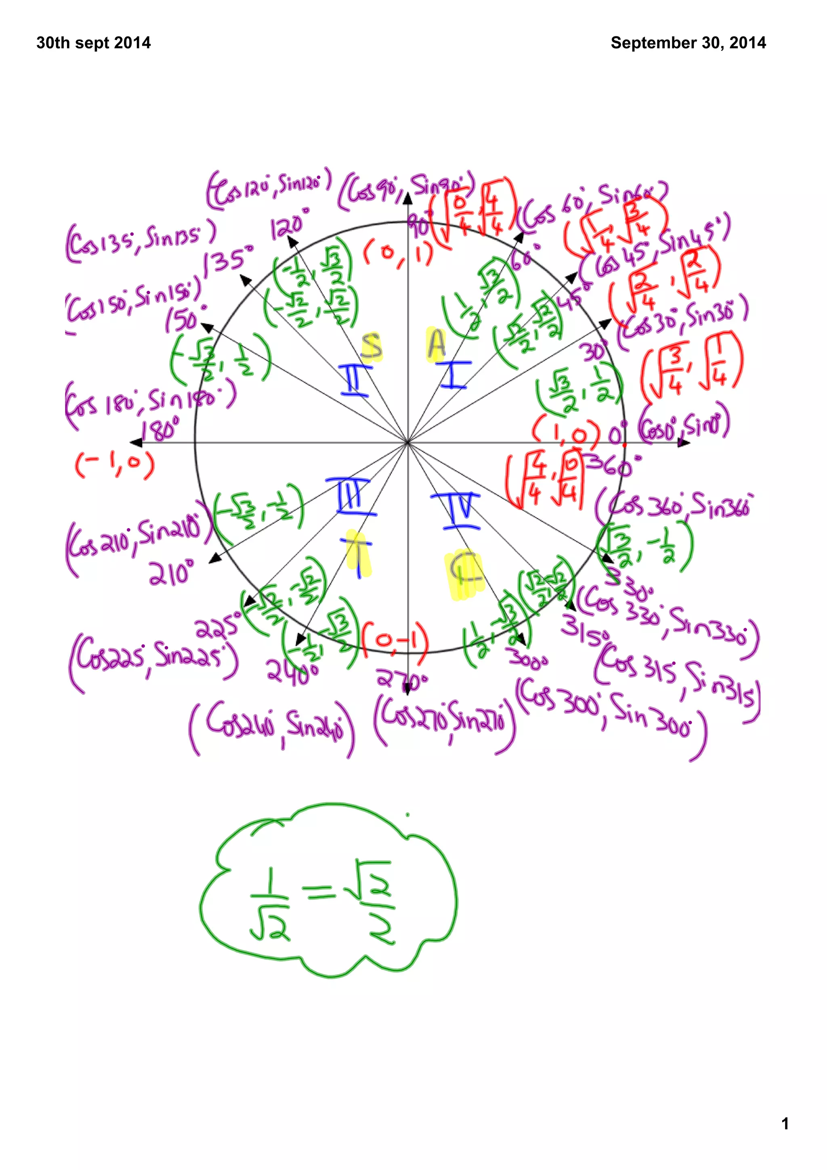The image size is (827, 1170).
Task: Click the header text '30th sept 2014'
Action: [x=93, y=43]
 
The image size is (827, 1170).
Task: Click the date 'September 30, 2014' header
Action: [x=688, y=43]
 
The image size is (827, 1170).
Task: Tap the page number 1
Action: [x=785, y=1123]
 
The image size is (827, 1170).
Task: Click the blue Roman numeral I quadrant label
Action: [x=453, y=375]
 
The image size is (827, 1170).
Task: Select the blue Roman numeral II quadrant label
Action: [x=355, y=380]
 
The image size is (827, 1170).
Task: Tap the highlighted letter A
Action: [x=436, y=344]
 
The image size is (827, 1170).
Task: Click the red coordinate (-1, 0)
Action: [x=115, y=465]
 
